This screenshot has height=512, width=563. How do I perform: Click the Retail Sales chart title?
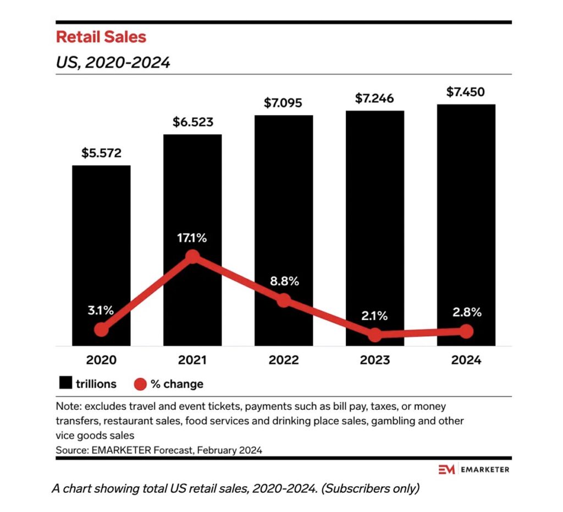click(x=101, y=37)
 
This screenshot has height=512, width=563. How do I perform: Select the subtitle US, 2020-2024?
click(x=113, y=63)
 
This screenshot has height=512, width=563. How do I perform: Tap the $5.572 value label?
click(x=101, y=153)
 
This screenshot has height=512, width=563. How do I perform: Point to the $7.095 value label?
click(x=283, y=103)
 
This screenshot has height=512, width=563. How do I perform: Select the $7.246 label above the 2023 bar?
click(x=374, y=99)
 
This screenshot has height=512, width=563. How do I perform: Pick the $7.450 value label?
click(x=466, y=92)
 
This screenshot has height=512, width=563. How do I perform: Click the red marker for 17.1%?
click(x=192, y=256)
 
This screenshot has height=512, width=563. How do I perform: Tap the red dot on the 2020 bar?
click(x=101, y=330)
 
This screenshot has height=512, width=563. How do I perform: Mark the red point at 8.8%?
click(x=283, y=300)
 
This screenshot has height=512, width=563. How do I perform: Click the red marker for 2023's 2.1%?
click(x=374, y=335)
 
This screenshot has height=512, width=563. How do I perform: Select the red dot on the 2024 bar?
click(x=466, y=331)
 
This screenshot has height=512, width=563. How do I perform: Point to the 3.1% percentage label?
click(x=101, y=310)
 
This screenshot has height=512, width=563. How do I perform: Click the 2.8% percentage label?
click(x=466, y=313)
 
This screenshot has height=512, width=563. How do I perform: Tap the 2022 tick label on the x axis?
click(x=283, y=360)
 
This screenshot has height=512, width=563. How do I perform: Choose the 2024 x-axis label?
click(x=466, y=360)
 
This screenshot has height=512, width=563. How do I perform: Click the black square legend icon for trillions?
click(x=66, y=383)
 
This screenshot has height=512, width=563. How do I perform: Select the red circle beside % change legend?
click(x=140, y=384)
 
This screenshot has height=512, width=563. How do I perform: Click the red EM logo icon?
click(x=445, y=469)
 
